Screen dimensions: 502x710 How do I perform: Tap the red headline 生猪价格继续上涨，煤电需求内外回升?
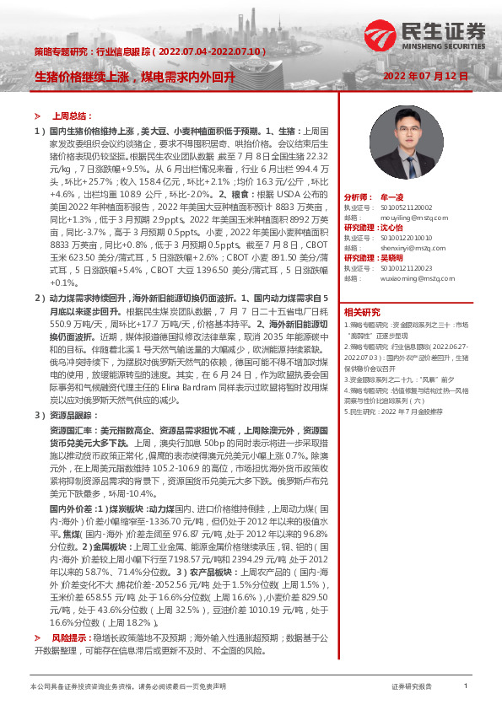point(134,76)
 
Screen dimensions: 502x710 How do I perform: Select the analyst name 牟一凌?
point(392,196)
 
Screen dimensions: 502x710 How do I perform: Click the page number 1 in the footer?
point(465,686)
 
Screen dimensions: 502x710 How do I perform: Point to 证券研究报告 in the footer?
point(412,687)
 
